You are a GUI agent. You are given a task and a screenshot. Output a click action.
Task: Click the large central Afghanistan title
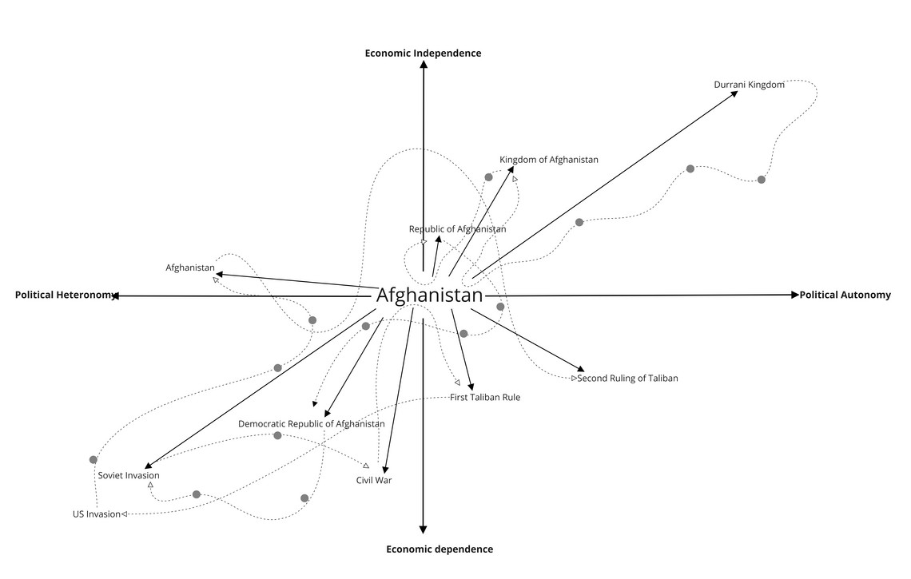click(x=429, y=295)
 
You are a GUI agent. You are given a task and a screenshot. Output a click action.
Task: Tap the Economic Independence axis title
click(x=423, y=53)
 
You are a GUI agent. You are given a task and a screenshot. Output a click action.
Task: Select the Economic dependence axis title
click(x=440, y=549)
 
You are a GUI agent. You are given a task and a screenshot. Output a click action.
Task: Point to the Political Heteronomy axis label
click(x=65, y=295)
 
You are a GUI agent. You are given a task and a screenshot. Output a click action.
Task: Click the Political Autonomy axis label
click(x=845, y=295)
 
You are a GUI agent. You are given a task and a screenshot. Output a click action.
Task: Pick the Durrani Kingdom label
click(x=749, y=85)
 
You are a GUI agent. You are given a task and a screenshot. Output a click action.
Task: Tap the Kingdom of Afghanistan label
click(x=548, y=160)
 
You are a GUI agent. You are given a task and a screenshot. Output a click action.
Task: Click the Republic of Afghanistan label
click(x=457, y=229)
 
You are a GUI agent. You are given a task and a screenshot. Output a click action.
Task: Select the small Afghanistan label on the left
click(x=190, y=268)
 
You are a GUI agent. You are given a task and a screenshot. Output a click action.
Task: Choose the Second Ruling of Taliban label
click(x=627, y=378)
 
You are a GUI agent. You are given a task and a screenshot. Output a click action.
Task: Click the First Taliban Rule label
click(x=484, y=397)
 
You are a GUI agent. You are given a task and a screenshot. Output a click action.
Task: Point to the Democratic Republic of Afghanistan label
click(x=312, y=424)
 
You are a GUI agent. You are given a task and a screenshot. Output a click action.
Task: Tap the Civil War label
click(x=374, y=480)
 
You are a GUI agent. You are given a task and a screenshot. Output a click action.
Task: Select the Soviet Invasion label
click(x=129, y=475)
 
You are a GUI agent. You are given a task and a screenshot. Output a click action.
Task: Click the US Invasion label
click(x=97, y=514)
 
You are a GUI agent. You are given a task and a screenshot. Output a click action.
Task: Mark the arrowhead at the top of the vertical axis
click(x=424, y=64)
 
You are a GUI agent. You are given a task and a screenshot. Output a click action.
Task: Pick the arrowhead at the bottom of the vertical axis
click(x=423, y=529)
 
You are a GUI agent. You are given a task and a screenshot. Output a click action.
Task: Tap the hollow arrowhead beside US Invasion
click(x=124, y=514)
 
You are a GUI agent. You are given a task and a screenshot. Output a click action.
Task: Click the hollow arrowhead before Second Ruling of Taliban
click(x=574, y=378)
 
